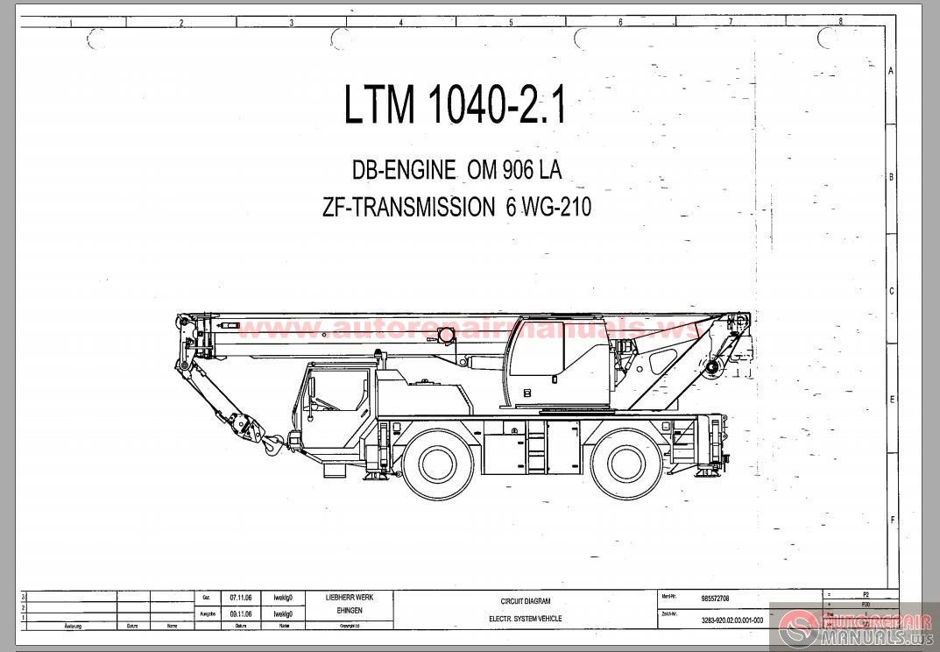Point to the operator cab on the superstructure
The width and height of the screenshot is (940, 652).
coord(558,359)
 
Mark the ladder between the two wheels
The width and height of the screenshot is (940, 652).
coord(536,447)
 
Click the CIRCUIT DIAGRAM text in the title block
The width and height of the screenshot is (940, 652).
coord(526,601)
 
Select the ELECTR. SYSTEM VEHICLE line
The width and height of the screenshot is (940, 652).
coord(526,619)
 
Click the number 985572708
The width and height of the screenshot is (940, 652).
coord(715,599)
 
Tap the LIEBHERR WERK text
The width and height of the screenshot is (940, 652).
coord(348,597)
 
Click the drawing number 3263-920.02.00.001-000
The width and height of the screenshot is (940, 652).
coord(732,620)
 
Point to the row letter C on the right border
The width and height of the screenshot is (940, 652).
coord(891,291)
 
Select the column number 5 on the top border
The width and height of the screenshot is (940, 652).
coord(511,23)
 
